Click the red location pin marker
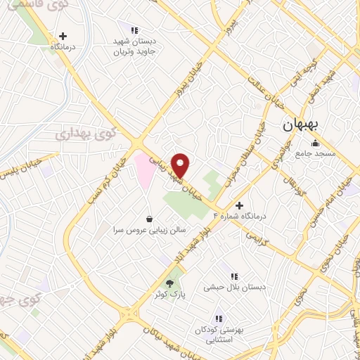tap(181, 165)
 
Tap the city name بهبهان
tap(301, 125)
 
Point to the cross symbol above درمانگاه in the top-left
tap(64, 36)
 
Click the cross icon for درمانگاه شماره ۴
tap(239, 206)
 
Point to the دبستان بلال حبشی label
tap(228, 287)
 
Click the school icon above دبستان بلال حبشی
tap(233, 276)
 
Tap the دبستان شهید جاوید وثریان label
tap(139, 46)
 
